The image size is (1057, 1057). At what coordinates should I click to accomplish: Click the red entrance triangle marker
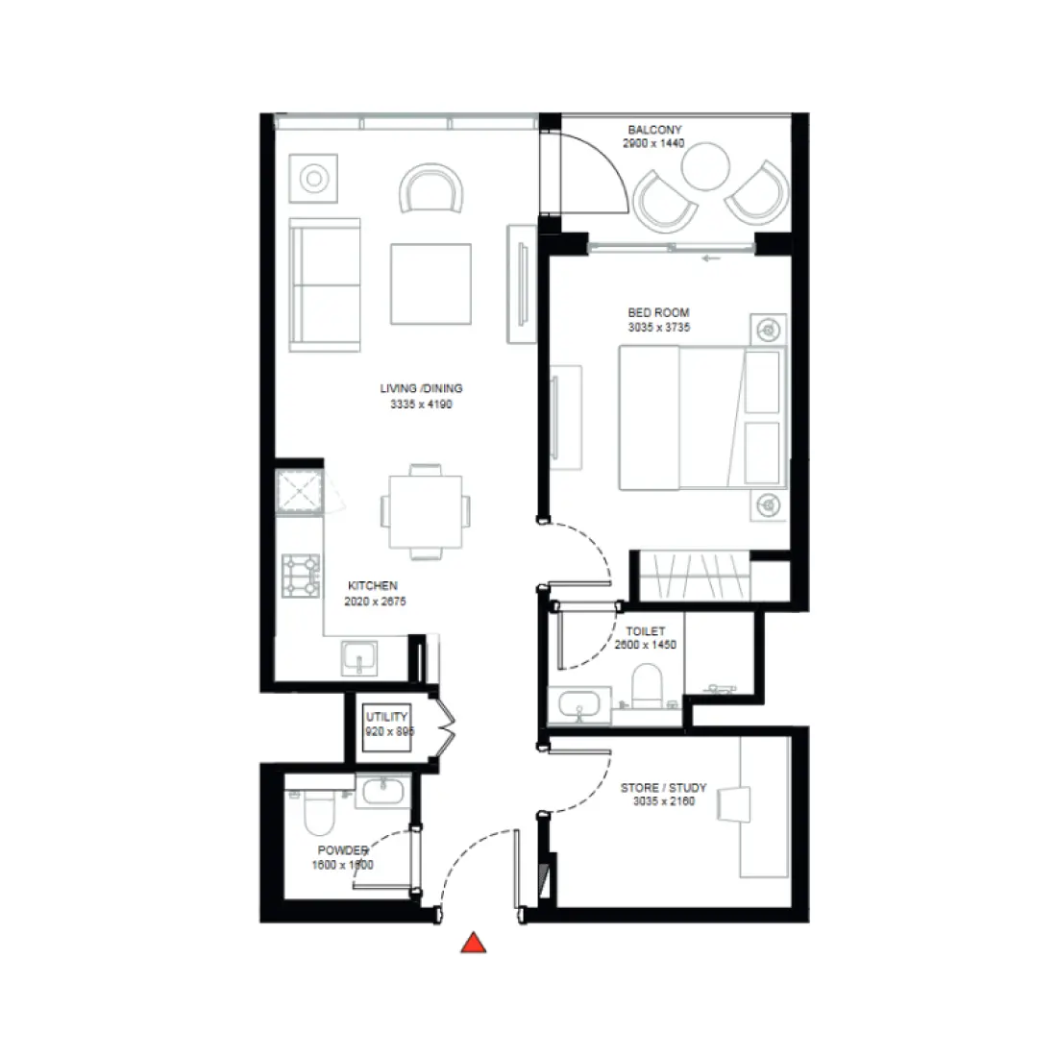[x=473, y=944]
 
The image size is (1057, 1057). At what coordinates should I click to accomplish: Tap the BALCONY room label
[x=654, y=130]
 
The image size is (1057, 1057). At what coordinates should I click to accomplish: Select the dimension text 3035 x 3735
[x=658, y=328]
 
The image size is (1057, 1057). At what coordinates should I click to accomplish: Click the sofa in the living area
[x=326, y=285]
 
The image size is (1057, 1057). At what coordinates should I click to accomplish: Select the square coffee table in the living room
[x=430, y=284]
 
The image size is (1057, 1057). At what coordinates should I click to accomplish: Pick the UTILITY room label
[x=387, y=717]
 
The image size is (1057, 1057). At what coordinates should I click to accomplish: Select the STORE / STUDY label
[x=663, y=788]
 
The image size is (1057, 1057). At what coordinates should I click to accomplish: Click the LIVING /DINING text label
[x=421, y=389]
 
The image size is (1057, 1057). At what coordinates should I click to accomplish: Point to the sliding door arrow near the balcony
[x=711, y=258]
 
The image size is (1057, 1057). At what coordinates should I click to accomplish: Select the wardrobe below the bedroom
[x=692, y=577]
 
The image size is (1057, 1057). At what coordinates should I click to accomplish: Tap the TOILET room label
[x=645, y=631]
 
